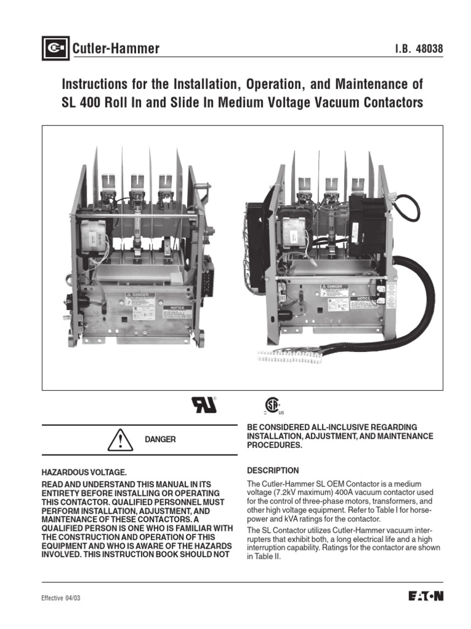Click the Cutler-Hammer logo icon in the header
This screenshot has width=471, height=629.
coord(55,49)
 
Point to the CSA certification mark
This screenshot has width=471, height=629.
coord(272,405)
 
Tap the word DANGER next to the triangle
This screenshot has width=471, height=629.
coord(160,440)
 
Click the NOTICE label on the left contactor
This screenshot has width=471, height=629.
coord(177,305)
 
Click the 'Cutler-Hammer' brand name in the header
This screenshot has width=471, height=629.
coord(116,49)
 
